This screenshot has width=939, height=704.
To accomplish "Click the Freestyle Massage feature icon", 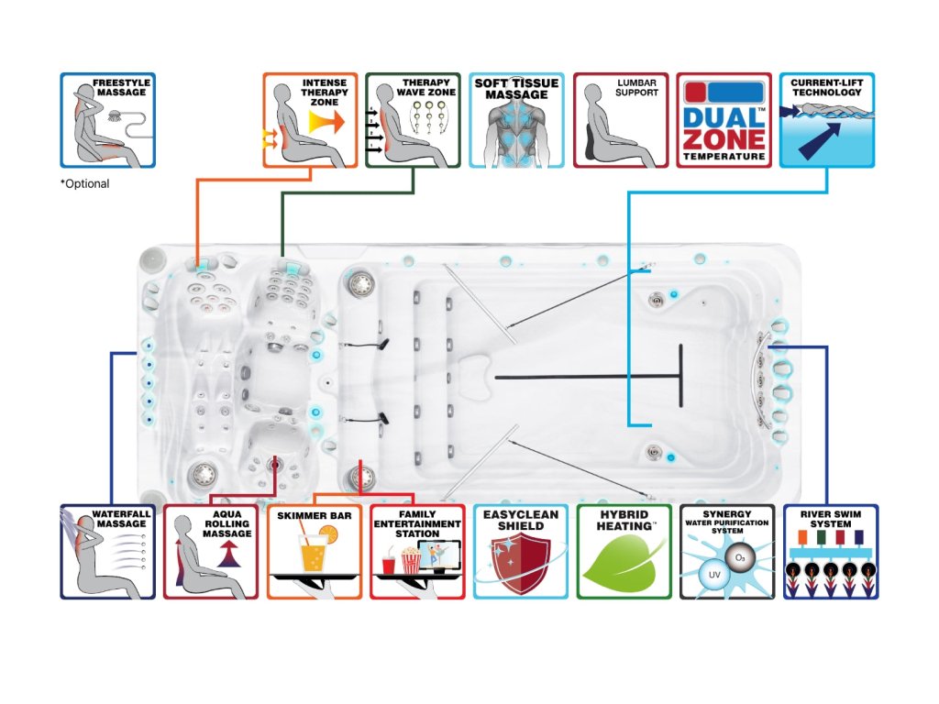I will point(107,120).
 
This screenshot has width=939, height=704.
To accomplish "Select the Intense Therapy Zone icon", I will point(310,120).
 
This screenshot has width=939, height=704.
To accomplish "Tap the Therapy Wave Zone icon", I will point(413,120).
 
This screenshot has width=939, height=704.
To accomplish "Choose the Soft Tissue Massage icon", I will point(516,120).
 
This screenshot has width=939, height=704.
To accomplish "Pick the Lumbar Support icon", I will point(621,120).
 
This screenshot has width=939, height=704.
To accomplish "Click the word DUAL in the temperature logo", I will point(723,118).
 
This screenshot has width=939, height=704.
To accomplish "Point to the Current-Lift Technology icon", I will point(826,120).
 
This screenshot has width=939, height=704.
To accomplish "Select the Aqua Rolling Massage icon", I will point(210,551).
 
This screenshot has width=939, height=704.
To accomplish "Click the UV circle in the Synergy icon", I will point(710,574).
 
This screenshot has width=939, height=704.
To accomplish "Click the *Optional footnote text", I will point(85,184).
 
